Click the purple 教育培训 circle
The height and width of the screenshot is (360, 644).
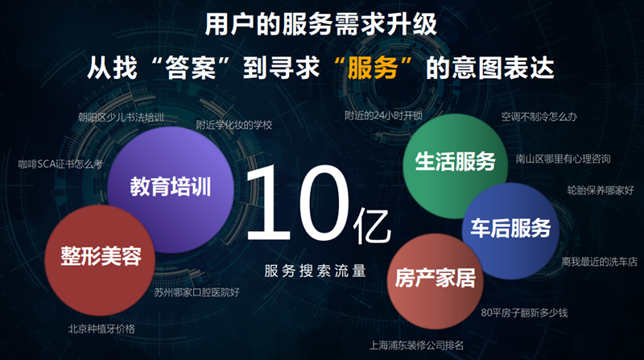click(171, 189)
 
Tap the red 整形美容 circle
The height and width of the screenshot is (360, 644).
click(100, 260)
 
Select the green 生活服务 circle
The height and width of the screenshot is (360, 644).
click(455, 166)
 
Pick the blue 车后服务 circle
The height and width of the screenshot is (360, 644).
click(510, 231)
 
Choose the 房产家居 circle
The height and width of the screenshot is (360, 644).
click(436, 281)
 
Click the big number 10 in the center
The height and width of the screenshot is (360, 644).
click(298, 203)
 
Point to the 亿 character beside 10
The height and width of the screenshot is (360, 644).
click(372, 226)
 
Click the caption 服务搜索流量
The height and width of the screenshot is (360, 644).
click(315, 271)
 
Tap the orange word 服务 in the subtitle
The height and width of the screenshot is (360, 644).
click(373, 68)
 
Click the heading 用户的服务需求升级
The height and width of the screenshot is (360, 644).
click(321, 24)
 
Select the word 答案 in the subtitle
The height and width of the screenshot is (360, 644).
click(190, 68)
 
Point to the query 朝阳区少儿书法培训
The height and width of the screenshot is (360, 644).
click(122, 118)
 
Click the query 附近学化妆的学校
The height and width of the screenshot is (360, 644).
click(234, 125)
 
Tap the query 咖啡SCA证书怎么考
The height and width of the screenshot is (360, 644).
click(60, 164)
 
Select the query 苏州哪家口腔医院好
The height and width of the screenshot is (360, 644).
click(196, 292)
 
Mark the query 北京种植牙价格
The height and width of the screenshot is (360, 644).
click(101, 329)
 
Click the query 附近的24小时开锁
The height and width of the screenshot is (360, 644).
click(384, 115)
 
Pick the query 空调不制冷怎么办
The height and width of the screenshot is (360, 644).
click(539, 117)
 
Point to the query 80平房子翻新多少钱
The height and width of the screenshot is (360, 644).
click(525, 312)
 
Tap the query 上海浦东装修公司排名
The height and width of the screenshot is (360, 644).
click(416, 346)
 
